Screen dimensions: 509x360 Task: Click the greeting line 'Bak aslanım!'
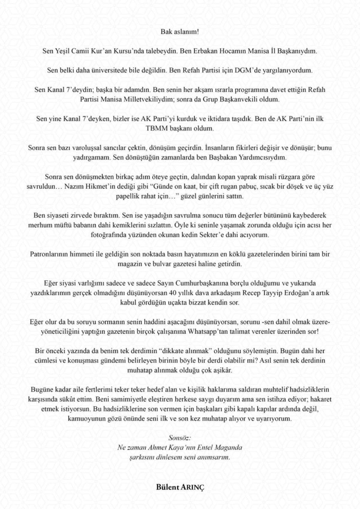(x=180, y=31)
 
